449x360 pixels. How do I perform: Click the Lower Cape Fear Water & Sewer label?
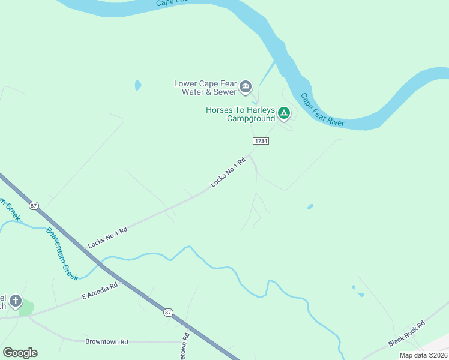pyautogui.click(x=205, y=88)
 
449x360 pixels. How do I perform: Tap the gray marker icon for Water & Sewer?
pyautogui.click(x=246, y=88)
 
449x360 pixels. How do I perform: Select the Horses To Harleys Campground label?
pyautogui.click(x=240, y=114)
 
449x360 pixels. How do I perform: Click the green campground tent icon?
pyautogui.click(x=284, y=112)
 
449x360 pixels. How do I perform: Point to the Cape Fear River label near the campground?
pyautogui.click(x=322, y=110)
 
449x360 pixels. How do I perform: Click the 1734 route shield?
pyautogui.click(x=260, y=140)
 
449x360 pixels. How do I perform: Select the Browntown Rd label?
pyautogui.click(x=107, y=342)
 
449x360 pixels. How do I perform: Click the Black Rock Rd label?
pyautogui.click(x=406, y=334)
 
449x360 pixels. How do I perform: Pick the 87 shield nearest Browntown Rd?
pyautogui.click(x=167, y=311)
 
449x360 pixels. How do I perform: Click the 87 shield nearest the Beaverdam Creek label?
pyautogui.click(x=34, y=205)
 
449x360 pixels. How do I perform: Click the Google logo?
pyautogui.click(x=20, y=353)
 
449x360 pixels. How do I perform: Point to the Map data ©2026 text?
pyautogui.click(x=423, y=355)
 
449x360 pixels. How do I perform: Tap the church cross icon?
pyautogui.click(x=15, y=301)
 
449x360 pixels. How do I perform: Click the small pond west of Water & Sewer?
pyautogui.click(x=138, y=85)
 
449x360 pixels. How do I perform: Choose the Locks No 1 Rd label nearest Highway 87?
pyautogui.click(x=107, y=237)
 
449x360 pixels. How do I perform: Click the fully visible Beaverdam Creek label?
pyautogui.click(x=62, y=254)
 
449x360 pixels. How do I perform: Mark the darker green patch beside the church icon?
pyautogui.click(x=26, y=308)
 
